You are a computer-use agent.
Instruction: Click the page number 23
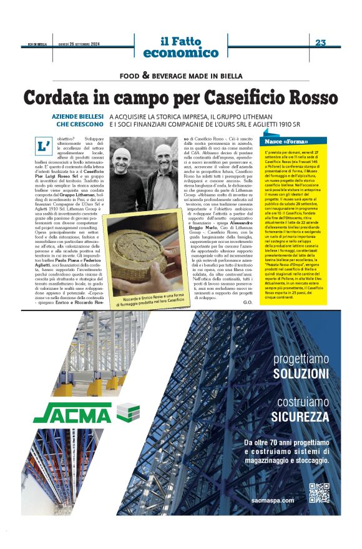pos(321,42)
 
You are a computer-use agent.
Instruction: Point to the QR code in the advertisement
pos(319,493)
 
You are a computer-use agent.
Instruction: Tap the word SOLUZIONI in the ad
pos(301,373)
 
